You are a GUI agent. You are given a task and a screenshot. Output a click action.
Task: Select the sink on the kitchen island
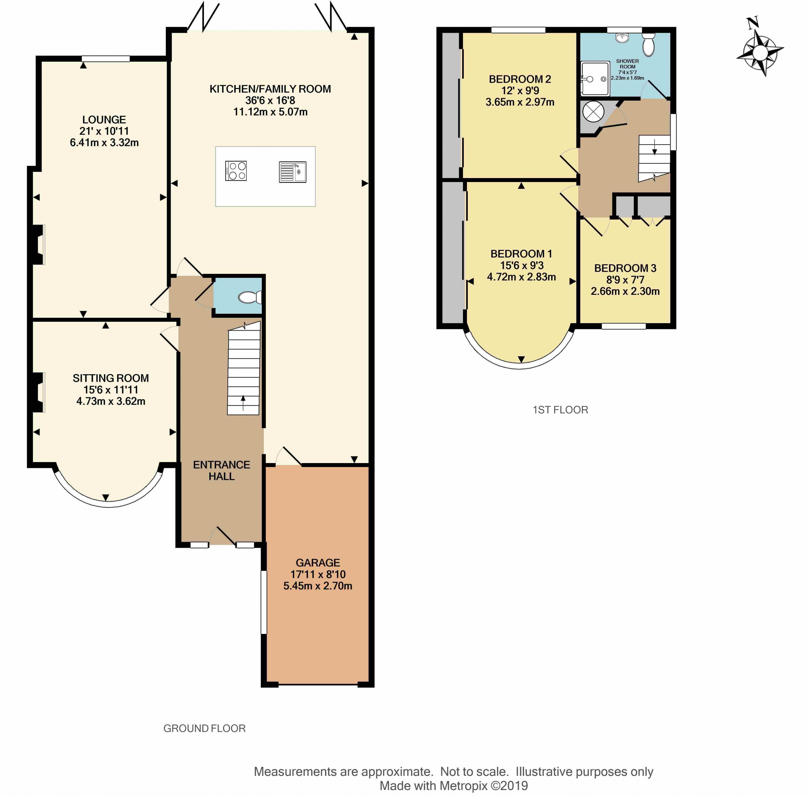(x=292, y=172)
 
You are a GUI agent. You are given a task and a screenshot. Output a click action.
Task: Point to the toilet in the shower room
(x=648, y=45)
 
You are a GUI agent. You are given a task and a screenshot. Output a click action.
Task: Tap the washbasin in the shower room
(x=622, y=38)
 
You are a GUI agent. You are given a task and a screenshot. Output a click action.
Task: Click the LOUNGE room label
(x=104, y=120)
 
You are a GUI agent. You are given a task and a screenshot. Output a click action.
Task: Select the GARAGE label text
(x=318, y=563)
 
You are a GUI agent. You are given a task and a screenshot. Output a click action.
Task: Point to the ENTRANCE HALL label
(x=221, y=470)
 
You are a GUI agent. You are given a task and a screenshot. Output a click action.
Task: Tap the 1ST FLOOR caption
(x=560, y=410)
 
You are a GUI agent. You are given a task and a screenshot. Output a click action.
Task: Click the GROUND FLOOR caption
(x=204, y=728)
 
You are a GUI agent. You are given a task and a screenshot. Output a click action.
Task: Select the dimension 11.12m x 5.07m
(x=270, y=112)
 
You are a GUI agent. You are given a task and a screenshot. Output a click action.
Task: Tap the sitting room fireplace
(x=38, y=392)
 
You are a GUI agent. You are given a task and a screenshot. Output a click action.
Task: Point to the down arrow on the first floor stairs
(x=654, y=146)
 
